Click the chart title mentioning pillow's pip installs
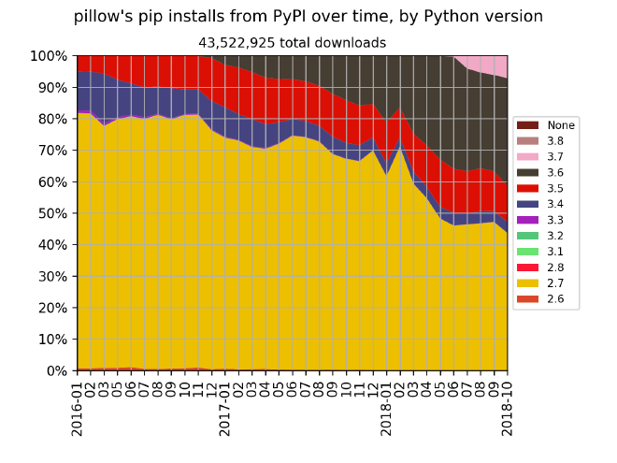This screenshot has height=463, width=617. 308,17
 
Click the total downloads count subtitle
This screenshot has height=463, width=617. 292,42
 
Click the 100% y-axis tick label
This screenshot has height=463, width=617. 50,56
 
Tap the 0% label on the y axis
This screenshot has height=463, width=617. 57,371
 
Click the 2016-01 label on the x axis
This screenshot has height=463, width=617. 78,405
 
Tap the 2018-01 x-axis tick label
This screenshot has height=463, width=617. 384,405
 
